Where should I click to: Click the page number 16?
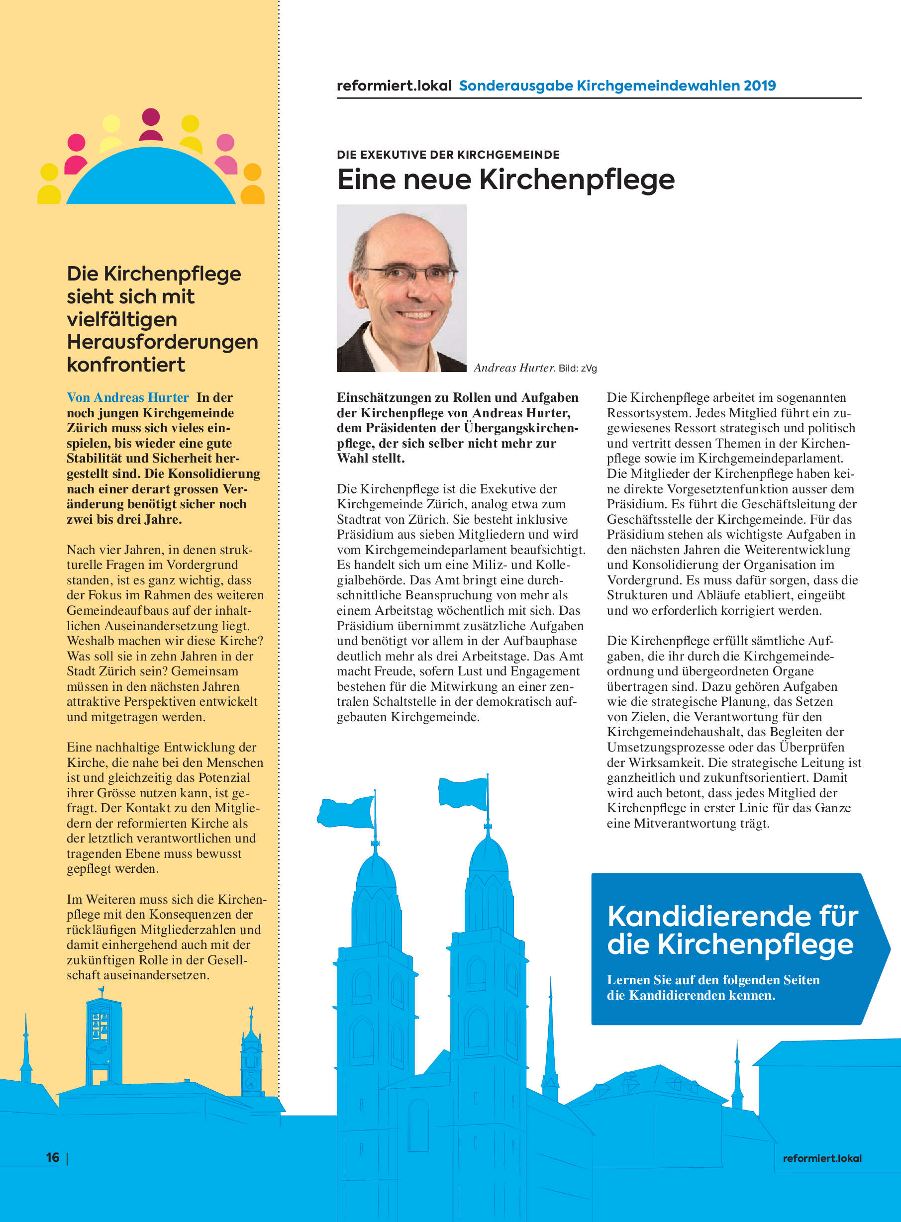click(53, 1157)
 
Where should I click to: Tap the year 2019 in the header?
click(759, 86)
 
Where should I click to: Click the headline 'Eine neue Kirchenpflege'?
click(505, 180)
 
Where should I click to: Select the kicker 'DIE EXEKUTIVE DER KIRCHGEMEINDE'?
click(448, 155)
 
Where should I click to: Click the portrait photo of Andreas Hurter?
click(401, 288)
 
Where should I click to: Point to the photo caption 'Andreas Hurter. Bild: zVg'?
click(535, 368)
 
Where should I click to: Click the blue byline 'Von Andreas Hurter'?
click(128, 397)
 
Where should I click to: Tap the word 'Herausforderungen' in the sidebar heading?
click(162, 342)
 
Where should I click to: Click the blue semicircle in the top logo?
click(151, 180)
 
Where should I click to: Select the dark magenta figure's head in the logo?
click(151, 117)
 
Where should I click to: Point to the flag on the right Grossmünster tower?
click(463, 792)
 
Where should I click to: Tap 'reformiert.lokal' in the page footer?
click(822, 1158)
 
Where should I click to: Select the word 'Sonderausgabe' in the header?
click(516, 86)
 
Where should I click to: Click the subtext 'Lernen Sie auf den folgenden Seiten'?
click(713, 980)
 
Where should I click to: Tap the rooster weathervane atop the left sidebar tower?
click(101, 990)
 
